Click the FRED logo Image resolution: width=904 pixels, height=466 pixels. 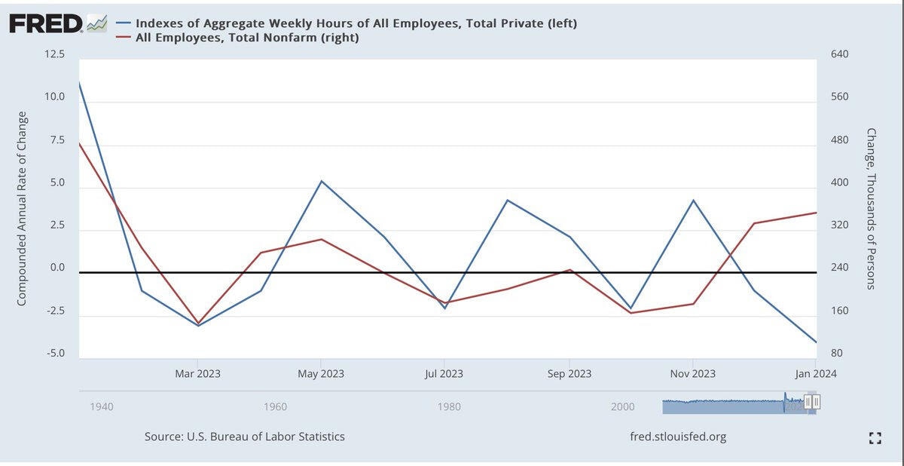pyautogui.click(x=46, y=23)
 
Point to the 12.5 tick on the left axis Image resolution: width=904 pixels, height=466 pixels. pyautogui.click(x=54, y=55)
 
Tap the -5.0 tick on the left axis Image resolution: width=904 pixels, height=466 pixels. pyautogui.click(x=54, y=354)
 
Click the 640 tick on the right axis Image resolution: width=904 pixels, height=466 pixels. pyautogui.click(x=838, y=55)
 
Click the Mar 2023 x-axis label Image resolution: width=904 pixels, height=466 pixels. pyautogui.click(x=197, y=373)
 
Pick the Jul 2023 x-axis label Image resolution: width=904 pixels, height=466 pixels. pyautogui.click(x=444, y=373)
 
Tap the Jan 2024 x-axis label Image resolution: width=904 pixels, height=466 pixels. pyautogui.click(x=815, y=373)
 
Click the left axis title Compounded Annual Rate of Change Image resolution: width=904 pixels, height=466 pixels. pyautogui.click(x=22, y=208)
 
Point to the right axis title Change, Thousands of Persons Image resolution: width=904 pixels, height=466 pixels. pyautogui.click(x=872, y=208)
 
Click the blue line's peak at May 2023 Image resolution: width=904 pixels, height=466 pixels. pyautogui.click(x=322, y=181)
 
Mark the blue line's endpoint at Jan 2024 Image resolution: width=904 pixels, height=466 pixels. pyautogui.click(x=817, y=342)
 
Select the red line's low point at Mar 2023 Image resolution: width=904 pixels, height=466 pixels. pyautogui.click(x=198, y=323)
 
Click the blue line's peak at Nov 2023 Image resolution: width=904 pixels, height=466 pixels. pyautogui.click(x=693, y=201)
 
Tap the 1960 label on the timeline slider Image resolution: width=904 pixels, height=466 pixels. pyautogui.click(x=275, y=407)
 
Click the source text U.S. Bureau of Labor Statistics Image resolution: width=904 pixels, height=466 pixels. pyautogui.click(x=245, y=437)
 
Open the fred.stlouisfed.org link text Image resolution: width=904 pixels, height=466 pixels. pyautogui.click(x=678, y=437)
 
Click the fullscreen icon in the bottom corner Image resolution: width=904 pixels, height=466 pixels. pyautogui.click(x=875, y=437)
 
